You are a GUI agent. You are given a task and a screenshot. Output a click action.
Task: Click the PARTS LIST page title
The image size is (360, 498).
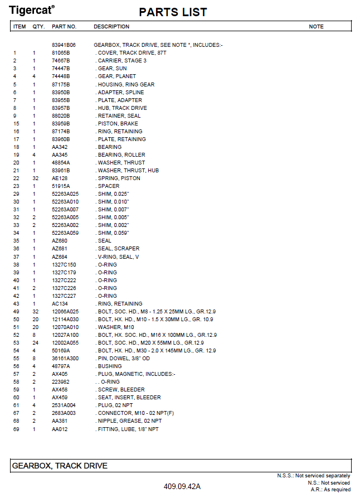tap(173, 12)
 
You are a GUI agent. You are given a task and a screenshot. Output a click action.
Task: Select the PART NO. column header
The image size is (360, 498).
tap(64, 26)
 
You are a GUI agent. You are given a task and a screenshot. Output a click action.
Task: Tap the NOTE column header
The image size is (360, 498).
tap(316, 26)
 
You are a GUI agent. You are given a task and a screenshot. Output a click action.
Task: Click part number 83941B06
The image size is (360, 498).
tap(64, 45)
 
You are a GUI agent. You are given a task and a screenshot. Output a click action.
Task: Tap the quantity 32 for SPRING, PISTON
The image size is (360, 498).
tap(35, 178)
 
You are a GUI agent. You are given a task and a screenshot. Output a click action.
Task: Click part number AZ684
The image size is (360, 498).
tap(59, 257)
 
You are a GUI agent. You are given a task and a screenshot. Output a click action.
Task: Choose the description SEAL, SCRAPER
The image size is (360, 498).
tap(118, 249)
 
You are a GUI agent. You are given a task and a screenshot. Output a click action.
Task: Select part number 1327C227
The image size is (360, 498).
tap(64, 296)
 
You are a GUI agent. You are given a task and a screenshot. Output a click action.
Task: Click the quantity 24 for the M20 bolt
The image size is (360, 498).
tap(35, 342)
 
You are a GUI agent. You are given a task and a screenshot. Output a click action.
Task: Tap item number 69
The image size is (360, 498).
tap(16, 428)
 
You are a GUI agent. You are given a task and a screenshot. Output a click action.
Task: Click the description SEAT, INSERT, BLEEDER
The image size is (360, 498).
tap(129, 397)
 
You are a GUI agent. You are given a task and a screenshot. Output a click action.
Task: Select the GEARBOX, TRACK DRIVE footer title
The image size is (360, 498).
tap(60, 466)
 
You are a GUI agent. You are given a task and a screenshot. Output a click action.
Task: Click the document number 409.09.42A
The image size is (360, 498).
tap(182, 486)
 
